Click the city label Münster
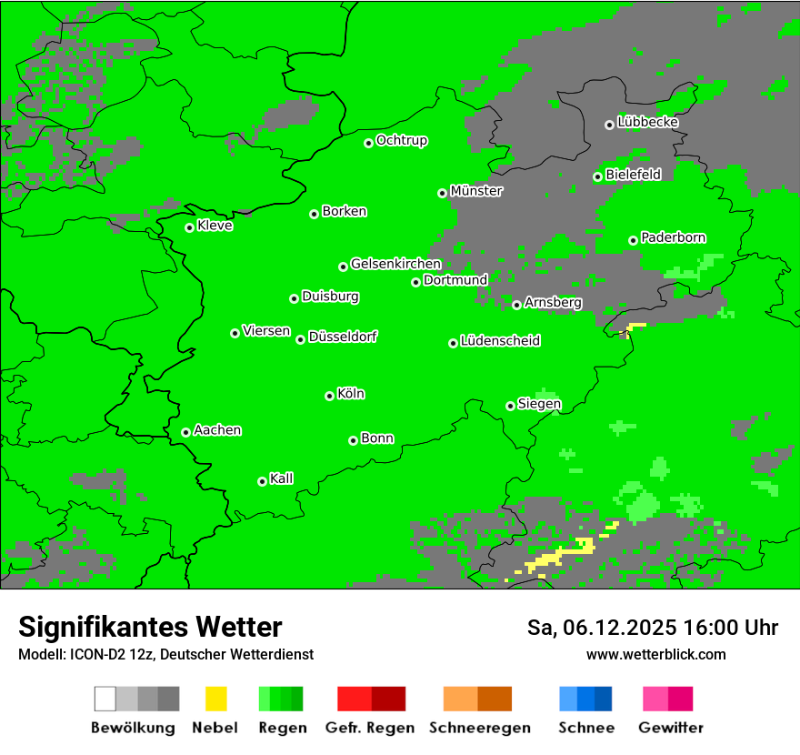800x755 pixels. coord(475,191)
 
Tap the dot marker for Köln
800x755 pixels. coord(329,396)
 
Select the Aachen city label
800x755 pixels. coord(217,430)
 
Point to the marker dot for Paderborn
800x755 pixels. coord(633,240)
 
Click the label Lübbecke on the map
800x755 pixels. coord(647,122)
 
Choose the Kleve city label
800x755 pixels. coord(215,226)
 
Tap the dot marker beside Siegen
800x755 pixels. coord(510,406)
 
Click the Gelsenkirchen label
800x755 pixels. coord(395,264)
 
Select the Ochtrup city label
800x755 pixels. coord(401,141)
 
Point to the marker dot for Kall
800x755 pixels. coord(262,481)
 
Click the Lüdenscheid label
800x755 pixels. coord(500,341)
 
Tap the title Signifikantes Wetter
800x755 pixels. coord(150,627)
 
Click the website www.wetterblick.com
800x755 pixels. coord(655,654)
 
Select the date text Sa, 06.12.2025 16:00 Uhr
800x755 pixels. coord(652,628)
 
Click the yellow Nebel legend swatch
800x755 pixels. coord(215,699)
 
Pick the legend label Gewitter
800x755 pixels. coord(670,728)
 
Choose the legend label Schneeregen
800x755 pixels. coord(479,728)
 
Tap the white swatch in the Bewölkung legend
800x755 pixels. coord(105,699)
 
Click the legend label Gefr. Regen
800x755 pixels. coord(369,728)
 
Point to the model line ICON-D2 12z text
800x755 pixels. coord(165,654)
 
